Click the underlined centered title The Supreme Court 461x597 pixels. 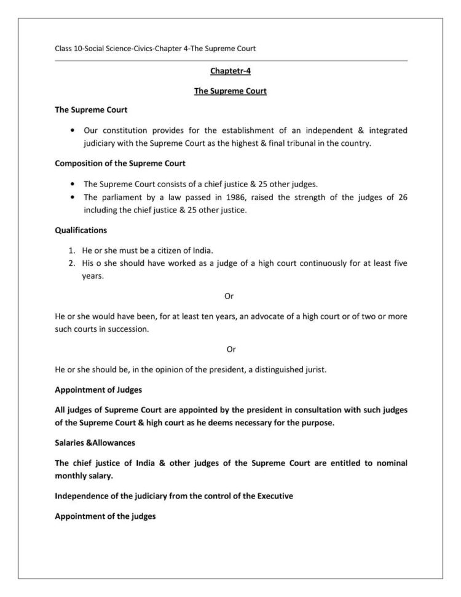230,91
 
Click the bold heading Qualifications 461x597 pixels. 81,230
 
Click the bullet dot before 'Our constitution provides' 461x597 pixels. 73,130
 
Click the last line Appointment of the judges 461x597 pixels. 105,516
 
